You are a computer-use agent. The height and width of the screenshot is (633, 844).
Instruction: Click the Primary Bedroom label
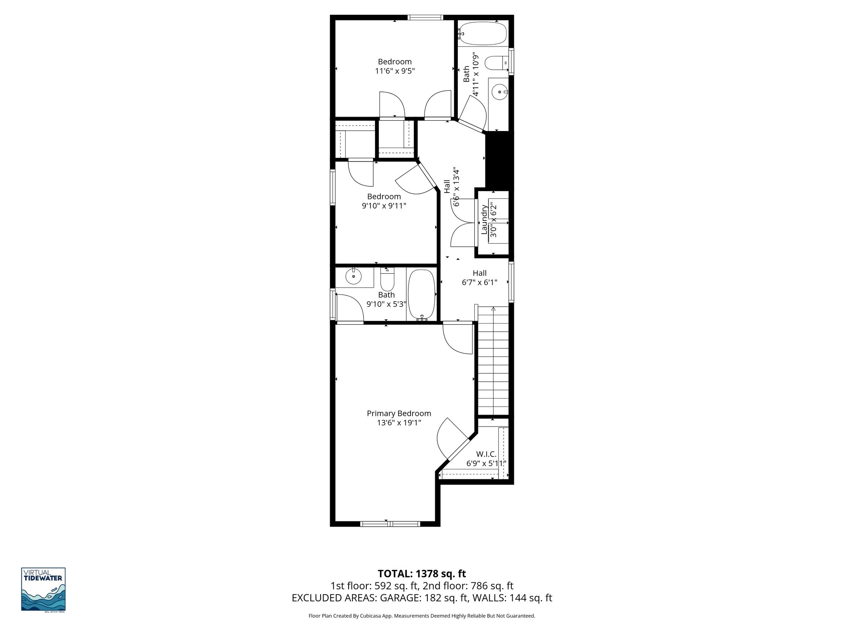click(399, 413)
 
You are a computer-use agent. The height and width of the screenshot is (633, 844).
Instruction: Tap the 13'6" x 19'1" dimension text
click(399, 423)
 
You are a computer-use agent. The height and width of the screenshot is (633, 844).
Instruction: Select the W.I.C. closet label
click(486, 454)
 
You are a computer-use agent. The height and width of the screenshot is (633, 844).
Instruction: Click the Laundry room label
click(484, 220)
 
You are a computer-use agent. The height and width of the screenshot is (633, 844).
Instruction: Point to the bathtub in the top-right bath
click(483, 33)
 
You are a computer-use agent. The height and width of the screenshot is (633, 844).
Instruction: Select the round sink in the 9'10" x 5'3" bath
click(353, 277)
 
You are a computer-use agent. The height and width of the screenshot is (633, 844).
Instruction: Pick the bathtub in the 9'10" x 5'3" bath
click(422, 294)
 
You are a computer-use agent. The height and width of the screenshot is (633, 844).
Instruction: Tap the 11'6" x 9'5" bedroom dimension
click(394, 71)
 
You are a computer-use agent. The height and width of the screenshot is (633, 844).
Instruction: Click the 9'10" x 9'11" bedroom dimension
click(384, 206)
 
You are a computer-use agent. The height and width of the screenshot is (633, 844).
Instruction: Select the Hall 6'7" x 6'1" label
click(479, 278)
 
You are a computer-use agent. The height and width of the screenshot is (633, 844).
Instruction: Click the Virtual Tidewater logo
click(43, 590)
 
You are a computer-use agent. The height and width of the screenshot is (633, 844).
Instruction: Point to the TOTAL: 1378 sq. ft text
click(422, 574)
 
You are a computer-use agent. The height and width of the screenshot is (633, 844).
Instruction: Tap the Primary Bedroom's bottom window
click(390, 524)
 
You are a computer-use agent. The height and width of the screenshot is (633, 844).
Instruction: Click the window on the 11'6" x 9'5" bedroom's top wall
click(425, 17)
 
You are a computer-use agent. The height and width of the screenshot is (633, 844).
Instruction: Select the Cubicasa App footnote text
click(422, 616)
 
